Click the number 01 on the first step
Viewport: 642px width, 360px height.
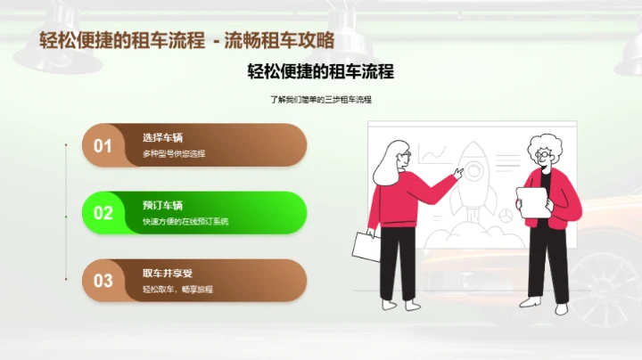click(103, 145)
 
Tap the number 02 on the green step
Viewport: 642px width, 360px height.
click(103, 213)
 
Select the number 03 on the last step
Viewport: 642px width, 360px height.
click(103, 281)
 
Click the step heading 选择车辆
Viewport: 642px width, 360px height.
click(162, 137)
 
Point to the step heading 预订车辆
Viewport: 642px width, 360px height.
click(162, 205)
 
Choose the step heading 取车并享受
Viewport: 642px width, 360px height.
click(167, 273)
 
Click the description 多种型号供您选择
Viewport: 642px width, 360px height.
click(173, 154)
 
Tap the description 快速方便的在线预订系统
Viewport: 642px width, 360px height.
click(185, 222)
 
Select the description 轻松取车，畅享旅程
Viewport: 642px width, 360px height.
click(177, 290)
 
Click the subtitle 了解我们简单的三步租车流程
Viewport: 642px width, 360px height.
click(320, 99)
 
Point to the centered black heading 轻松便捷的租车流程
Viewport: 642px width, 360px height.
click(320, 71)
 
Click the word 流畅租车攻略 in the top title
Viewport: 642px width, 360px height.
click(279, 40)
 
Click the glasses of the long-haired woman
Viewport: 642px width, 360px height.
click(405, 156)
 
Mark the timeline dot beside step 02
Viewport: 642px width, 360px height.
click(67, 213)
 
